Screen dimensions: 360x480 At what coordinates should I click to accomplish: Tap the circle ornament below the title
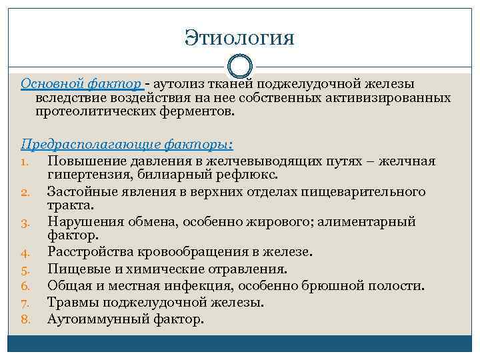point(240,67)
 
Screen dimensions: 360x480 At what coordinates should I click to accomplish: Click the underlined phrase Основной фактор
point(81,84)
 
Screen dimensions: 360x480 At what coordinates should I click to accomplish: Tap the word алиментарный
point(360,221)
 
